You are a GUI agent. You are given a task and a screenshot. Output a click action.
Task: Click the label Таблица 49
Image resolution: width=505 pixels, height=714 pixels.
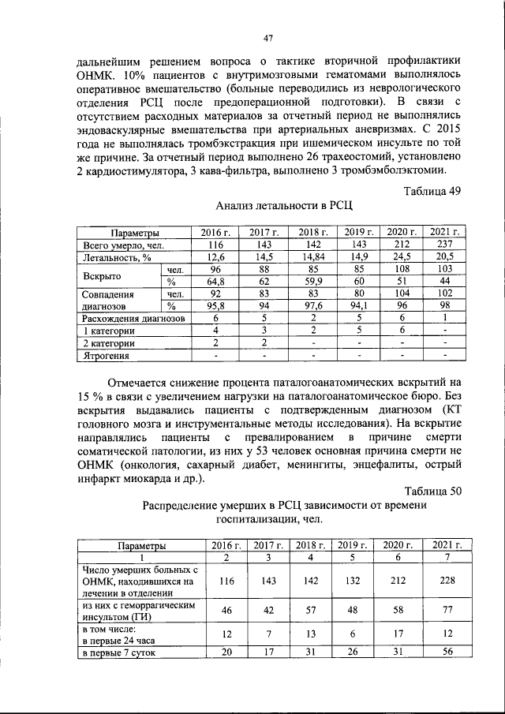point(432,191)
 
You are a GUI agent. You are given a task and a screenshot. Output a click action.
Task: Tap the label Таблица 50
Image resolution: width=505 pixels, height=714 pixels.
point(432,491)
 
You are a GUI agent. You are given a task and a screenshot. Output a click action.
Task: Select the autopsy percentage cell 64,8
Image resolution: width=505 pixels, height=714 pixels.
point(211,282)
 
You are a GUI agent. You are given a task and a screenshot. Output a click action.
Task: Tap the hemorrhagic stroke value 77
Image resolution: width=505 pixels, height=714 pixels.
point(446,610)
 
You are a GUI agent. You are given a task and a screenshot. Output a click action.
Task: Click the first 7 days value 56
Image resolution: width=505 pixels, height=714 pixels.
point(446,652)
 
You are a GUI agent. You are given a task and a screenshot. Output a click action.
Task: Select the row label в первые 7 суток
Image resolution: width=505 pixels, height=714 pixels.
point(118,652)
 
